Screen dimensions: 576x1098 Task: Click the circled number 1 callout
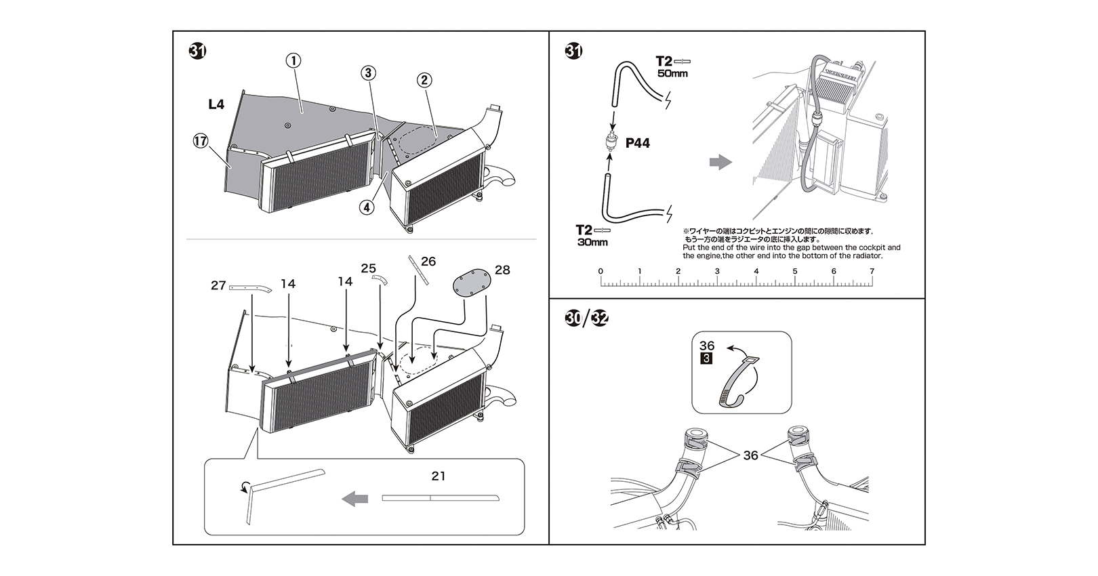click(293, 60)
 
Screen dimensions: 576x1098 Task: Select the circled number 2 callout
click(424, 80)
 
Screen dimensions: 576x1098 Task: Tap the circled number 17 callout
click(201, 141)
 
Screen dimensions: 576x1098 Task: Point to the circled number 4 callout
click(367, 207)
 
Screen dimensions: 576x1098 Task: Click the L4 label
click(216, 104)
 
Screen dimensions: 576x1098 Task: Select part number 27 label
click(218, 286)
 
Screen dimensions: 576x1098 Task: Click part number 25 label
click(368, 268)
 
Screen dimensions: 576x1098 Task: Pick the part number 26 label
click(428, 262)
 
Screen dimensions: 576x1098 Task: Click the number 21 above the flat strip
click(439, 476)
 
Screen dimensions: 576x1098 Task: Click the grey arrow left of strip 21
click(354, 499)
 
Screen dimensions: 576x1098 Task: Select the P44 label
click(638, 143)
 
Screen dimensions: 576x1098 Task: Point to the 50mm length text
click(672, 73)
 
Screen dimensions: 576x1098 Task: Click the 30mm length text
click(592, 242)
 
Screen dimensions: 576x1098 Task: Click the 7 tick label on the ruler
click(872, 271)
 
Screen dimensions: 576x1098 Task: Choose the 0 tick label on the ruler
click(601, 271)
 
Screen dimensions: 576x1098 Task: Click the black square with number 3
click(706, 358)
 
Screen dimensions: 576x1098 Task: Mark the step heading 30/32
click(586, 317)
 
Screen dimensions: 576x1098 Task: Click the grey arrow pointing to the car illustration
click(720, 162)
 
